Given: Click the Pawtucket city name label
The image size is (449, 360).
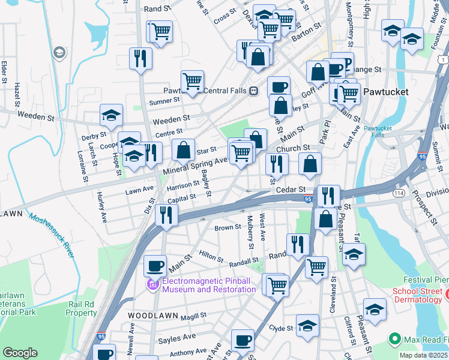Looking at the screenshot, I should coord(386,92).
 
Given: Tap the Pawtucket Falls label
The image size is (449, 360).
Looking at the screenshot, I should coord(377,131).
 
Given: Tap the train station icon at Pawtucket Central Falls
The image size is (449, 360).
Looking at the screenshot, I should coord(254,91).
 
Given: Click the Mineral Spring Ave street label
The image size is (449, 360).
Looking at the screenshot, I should coord(196,165).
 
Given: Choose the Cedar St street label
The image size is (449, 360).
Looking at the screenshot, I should coord(288,190).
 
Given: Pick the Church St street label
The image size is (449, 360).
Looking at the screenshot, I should coord(292,148).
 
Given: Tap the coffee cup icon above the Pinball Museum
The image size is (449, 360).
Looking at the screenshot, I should coord(155,265).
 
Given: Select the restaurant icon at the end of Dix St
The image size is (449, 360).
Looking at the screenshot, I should coord(166,214).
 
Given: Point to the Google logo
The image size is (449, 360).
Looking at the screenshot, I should coord(20,353).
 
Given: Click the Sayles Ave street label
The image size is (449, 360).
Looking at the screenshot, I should coord(177,340).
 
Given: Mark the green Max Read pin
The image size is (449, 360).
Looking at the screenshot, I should coord(394,340).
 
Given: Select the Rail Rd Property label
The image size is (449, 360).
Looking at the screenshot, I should coord(81,308).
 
